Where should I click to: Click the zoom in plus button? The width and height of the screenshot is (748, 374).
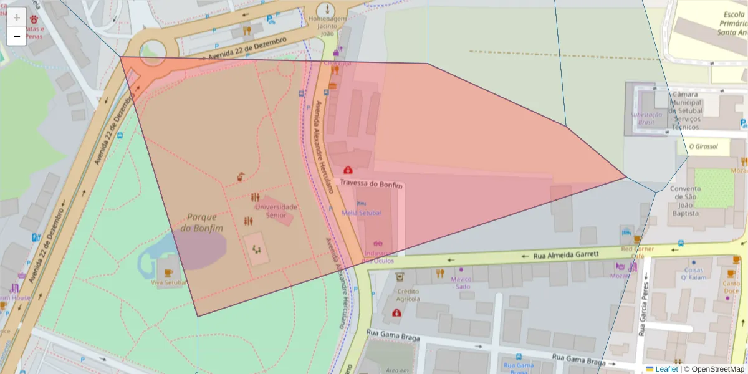(17, 17)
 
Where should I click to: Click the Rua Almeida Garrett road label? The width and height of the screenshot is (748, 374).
(566, 255)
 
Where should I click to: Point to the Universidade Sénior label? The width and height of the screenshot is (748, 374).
(276, 211)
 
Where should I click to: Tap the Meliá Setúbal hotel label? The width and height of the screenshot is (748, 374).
(361, 213)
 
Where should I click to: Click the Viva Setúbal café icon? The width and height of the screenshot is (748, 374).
(168, 273)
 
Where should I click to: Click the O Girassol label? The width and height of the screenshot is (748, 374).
(703, 147)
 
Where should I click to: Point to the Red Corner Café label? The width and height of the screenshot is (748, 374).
(637, 252)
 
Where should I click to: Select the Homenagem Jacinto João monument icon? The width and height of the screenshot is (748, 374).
(327, 10)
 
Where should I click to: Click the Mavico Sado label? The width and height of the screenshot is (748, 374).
(461, 282)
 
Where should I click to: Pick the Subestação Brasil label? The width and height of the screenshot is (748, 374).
(646, 118)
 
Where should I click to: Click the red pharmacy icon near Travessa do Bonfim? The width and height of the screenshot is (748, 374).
(347, 170)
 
